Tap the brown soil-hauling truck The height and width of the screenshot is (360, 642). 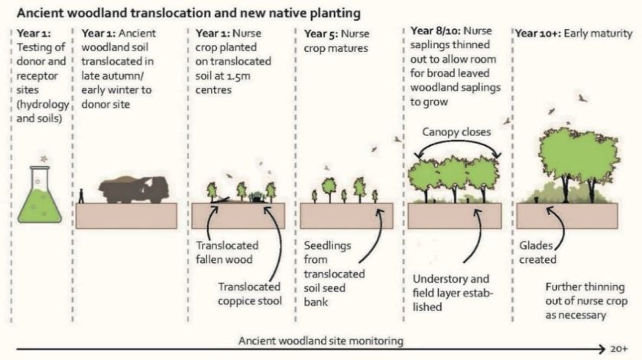pyautogui.click(x=135, y=188)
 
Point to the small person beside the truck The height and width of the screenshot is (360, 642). pyautogui.click(x=82, y=196)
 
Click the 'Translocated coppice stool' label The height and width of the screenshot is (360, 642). pyautogui.click(x=249, y=294)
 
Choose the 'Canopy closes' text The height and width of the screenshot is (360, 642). pyautogui.click(x=457, y=131)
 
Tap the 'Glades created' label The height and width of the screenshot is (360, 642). pyautogui.click(x=538, y=252)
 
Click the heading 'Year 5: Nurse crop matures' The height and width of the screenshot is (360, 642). pyautogui.click(x=336, y=40)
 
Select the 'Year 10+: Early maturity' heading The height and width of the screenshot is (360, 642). pyautogui.click(x=574, y=34)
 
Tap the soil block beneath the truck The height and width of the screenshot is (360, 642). pyautogui.click(x=125, y=216)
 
